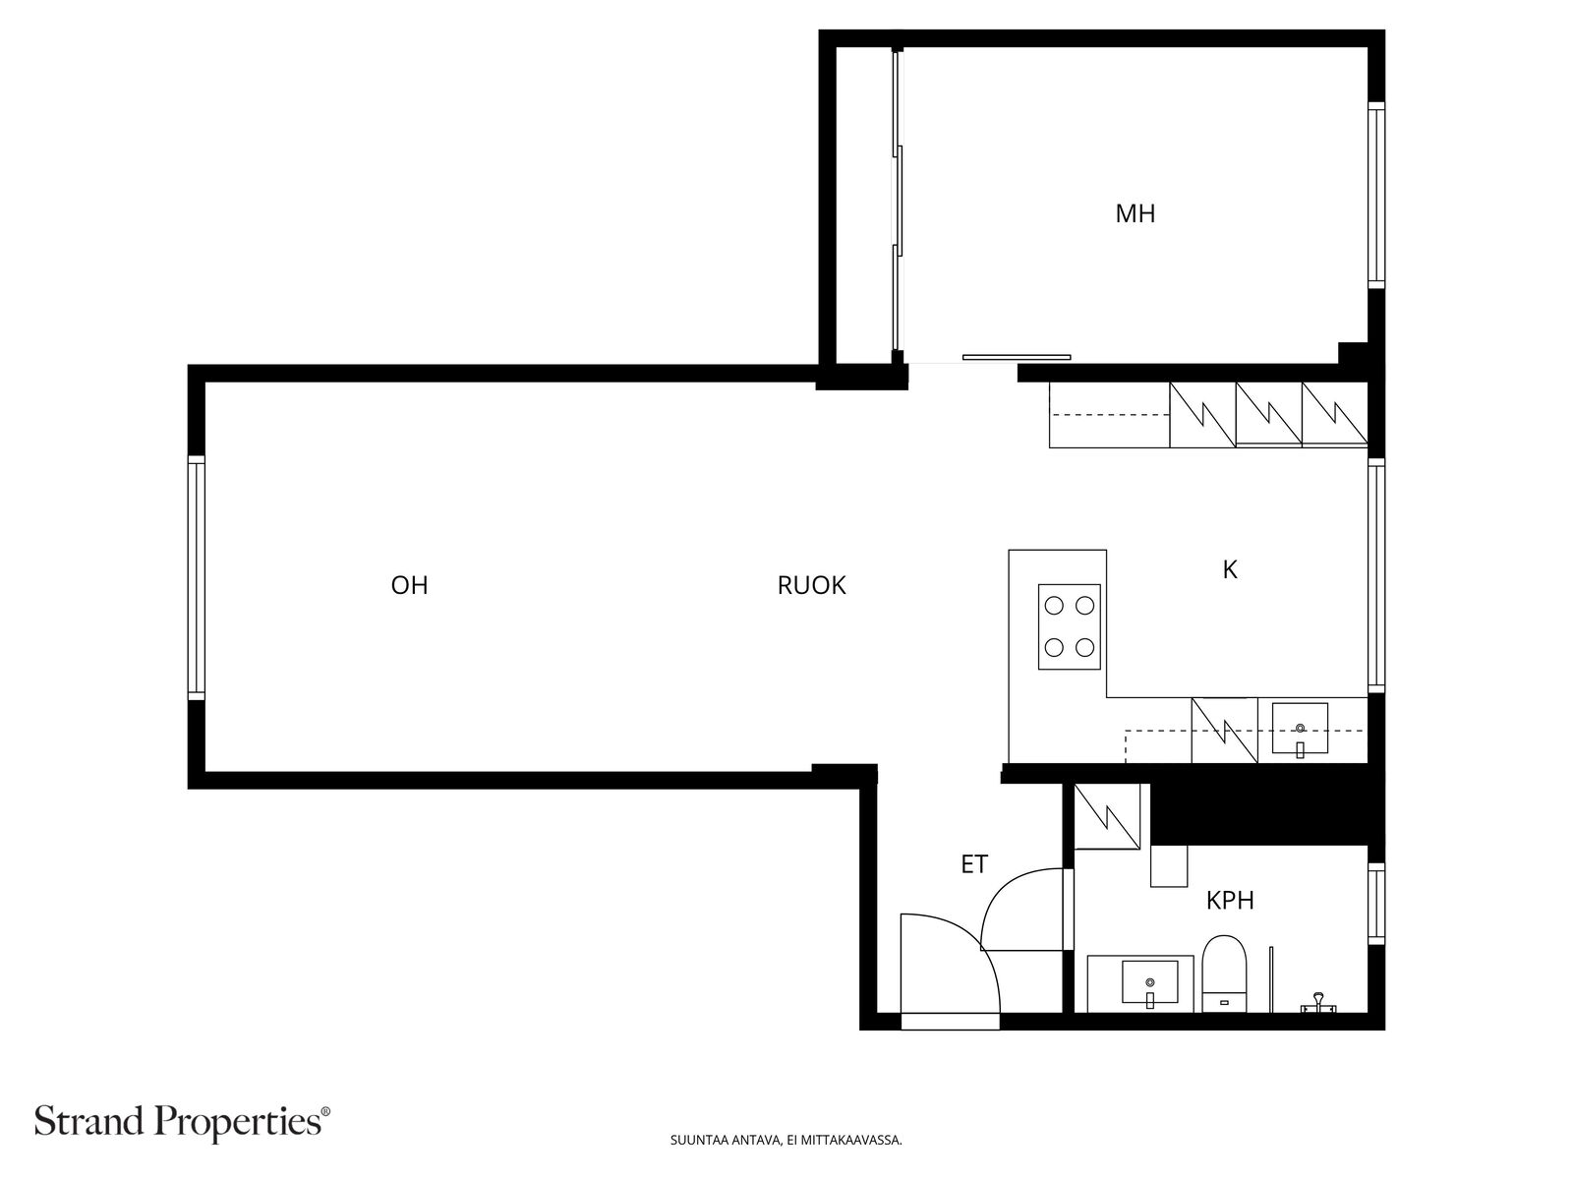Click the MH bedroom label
point(1135,213)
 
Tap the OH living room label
point(409,585)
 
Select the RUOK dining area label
point(811,585)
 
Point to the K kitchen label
point(1229,569)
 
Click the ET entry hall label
point(973,864)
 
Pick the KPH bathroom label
point(1230,900)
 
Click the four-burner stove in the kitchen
point(1069,626)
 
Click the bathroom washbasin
point(1149,982)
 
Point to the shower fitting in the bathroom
point(1316,1004)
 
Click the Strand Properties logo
point(182,1121)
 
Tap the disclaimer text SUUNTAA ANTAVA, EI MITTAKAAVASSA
point(786,1141)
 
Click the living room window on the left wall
point(197,578)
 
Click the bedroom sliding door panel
point(1017,357)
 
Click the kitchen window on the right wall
point(1376,575)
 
